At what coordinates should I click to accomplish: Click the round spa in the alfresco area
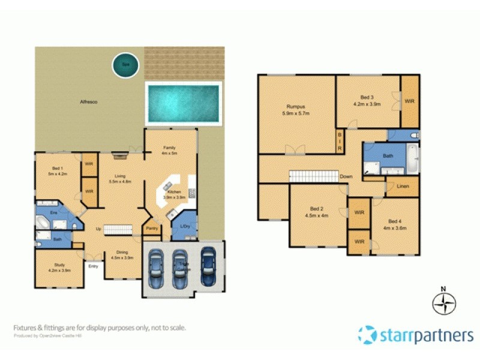126,65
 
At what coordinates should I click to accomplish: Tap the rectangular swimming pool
182,100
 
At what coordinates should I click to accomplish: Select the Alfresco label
89,102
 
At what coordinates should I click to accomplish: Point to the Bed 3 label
367,97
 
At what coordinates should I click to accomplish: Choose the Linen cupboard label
403,187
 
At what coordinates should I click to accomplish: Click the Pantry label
152,229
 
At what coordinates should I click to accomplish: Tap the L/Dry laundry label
185,226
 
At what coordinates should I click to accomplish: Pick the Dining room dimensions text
122,258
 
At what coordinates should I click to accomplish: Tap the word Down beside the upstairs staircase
346,177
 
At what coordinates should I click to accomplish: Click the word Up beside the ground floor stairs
98,229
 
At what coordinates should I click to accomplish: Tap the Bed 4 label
394,221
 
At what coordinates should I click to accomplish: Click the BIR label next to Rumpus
339,142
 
